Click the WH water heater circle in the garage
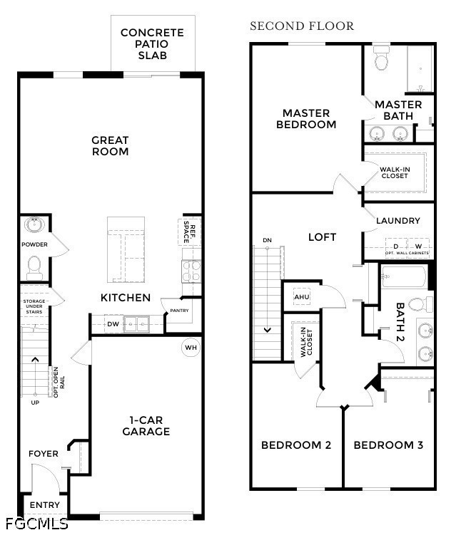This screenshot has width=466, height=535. point(191,348)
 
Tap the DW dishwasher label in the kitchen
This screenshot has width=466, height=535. point(113,324)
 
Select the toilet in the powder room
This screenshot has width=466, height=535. point(34,268)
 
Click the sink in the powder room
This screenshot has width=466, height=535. point(34,225)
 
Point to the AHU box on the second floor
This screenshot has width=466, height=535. point(302,297)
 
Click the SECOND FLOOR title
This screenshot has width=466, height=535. point(302,26)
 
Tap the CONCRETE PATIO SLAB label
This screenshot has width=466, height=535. point(153,43)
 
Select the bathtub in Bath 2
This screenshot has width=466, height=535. point(404,276)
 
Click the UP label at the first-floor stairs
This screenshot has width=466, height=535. point(35,402)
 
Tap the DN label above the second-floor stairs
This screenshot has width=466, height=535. point(268,240)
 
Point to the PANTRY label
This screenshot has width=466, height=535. point(179,311)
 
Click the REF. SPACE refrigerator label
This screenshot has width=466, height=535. point(189,232)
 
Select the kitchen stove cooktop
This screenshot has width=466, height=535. point(191,271)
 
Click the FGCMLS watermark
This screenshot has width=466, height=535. point(37,524)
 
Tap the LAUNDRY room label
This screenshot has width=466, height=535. point(398,221)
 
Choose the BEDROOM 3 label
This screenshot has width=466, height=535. point(388,445)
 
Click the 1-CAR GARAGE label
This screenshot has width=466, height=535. point(146,426)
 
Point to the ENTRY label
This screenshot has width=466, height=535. point(45,505)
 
